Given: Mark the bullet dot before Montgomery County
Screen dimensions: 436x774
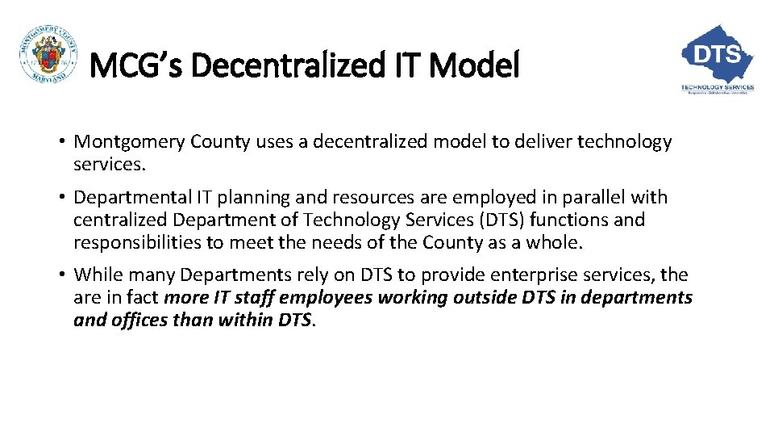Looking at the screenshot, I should [61, 143].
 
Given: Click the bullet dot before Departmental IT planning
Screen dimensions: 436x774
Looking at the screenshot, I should [61, 198].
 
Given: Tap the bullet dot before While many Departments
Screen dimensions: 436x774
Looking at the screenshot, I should [61, 275].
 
